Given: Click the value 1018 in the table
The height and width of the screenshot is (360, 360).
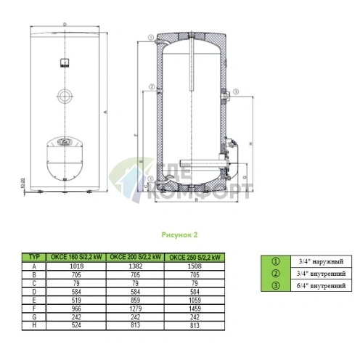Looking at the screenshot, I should (x=73, y=266).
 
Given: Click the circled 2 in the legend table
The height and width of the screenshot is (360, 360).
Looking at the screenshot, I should (x=274, y=273).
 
